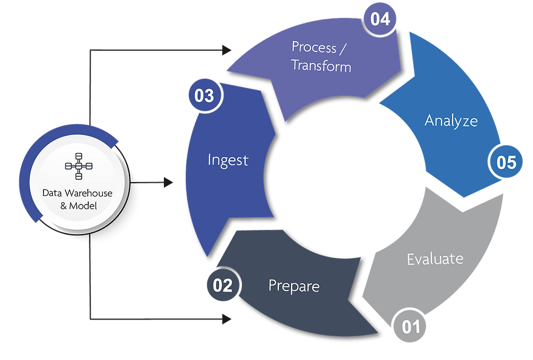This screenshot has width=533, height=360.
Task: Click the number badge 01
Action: (411, 327)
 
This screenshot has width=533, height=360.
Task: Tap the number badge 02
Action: (223, 285)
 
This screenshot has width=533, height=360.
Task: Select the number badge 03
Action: (204, 96)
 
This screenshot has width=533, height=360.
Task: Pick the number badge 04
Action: (380, 18)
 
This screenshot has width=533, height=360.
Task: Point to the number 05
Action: (506, 162)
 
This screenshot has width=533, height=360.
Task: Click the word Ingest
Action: (228, 160)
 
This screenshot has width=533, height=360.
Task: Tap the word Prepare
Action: (294, 285)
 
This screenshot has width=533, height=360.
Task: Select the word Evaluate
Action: (435, 259)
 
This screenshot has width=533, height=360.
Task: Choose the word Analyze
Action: (451, 120)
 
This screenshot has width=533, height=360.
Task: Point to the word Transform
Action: (321, 65)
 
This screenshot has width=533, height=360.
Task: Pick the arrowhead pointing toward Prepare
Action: (229, 319)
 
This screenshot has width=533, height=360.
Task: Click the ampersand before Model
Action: (65, 206)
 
